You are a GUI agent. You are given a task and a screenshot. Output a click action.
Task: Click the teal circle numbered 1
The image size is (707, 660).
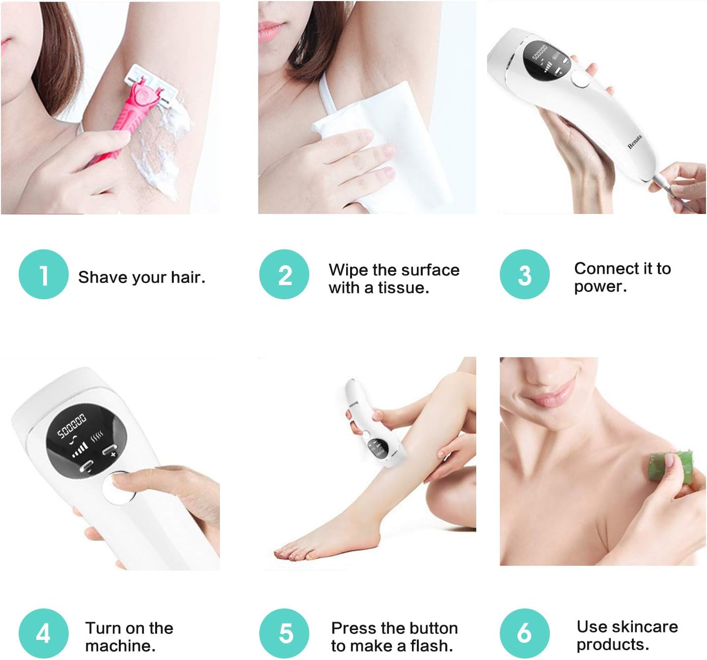point(43,274)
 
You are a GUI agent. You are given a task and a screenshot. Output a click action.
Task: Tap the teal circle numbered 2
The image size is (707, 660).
point(284,274)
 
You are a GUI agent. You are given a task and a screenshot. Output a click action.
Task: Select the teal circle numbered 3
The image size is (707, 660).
point(525,274)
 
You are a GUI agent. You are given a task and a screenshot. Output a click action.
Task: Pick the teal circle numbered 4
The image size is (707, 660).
point(43,634)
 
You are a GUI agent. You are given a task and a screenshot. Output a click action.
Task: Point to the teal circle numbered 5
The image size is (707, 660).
point(284,634)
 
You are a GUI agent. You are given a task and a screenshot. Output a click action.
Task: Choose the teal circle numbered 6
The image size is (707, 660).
point(525,634)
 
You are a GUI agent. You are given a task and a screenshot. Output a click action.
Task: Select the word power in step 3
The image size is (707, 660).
point(600,287)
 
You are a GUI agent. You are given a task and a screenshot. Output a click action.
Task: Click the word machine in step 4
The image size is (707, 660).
point(120,646)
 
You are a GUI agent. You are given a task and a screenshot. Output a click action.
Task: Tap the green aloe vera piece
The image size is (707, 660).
point(671,467)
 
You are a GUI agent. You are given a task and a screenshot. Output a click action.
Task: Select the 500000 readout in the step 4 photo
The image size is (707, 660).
point(72,425)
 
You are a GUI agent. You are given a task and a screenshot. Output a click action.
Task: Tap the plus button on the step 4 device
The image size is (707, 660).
point(110,451)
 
